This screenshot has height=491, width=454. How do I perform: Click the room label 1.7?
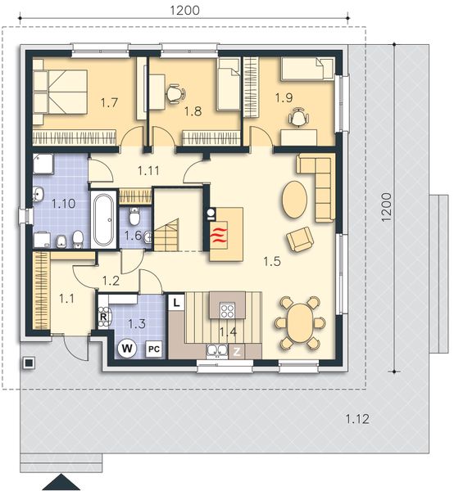pyautogui.click(x=109, y=104)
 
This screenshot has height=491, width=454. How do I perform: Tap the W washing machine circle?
pyautogui.click(x=127, y=348)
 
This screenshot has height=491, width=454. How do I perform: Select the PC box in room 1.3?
pyautogui.click(x=152, y=349)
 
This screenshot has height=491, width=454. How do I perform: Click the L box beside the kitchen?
pyautogui.click(x=176, y=302)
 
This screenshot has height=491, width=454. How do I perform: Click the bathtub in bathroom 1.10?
pyautogui.click(x=105, y=219)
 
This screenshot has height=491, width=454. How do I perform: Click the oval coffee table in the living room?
pyautogui.click(x=296, y=198)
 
